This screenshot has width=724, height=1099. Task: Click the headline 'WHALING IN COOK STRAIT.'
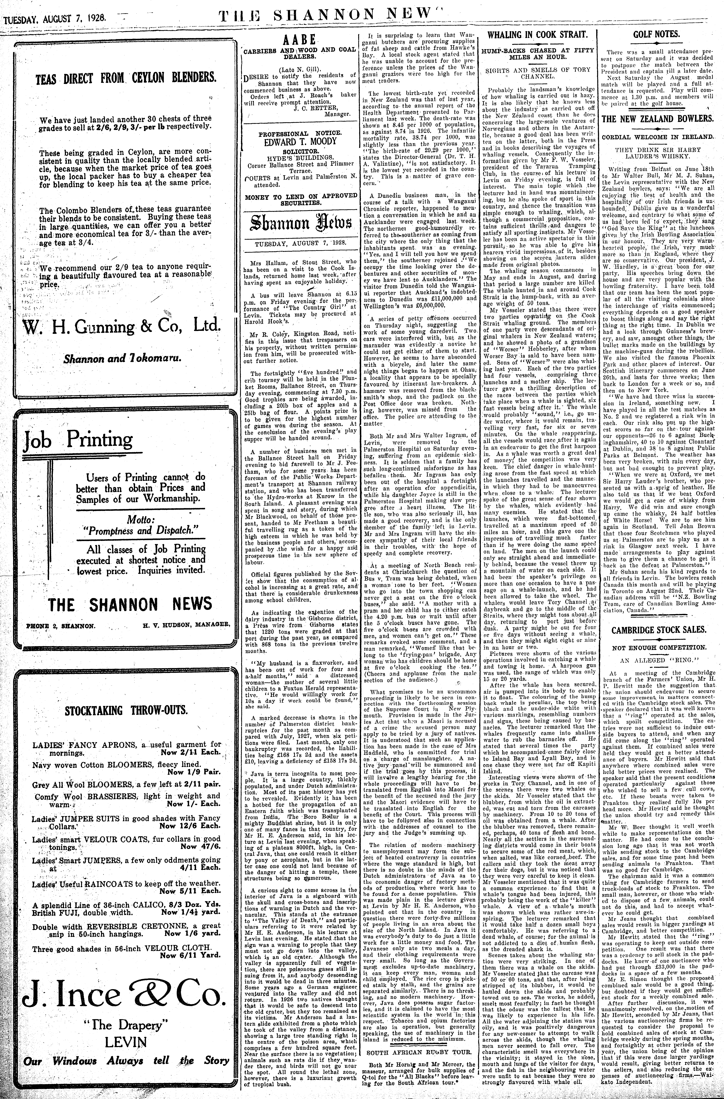click(x=538, y=35)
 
